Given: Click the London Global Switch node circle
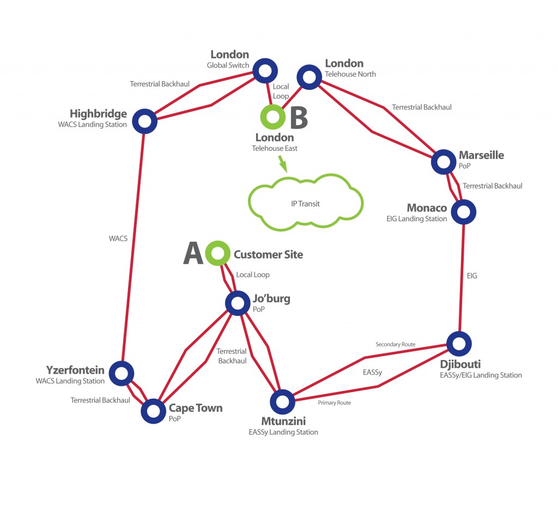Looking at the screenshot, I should tap(265, 70).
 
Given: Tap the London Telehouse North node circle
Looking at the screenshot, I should tap(309, 77).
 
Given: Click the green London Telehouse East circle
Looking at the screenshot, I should tap(272, 116).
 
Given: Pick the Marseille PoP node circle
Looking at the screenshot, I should tap(444, 161).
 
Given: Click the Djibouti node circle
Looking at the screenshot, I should tap(459, 343).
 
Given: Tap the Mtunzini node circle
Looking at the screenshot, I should tap(282, 401).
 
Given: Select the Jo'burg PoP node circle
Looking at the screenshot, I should tap(238, 303).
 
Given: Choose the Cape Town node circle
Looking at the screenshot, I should tap(153, 411).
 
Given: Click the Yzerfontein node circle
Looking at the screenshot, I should tap(121, 373).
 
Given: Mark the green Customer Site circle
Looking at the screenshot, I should tap(217, 253).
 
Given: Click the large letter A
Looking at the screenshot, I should tap(193, 254).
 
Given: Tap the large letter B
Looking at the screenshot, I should tap(298, 117).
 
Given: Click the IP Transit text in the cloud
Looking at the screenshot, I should tap(306, 204).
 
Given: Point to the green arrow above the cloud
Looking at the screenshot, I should tap(282, 163).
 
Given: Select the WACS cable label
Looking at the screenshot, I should tap(118, 238).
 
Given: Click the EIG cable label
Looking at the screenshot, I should tap(472, 276).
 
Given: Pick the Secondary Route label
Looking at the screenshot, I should tap(395, 344).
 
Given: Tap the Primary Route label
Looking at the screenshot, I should tap(334, 402).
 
